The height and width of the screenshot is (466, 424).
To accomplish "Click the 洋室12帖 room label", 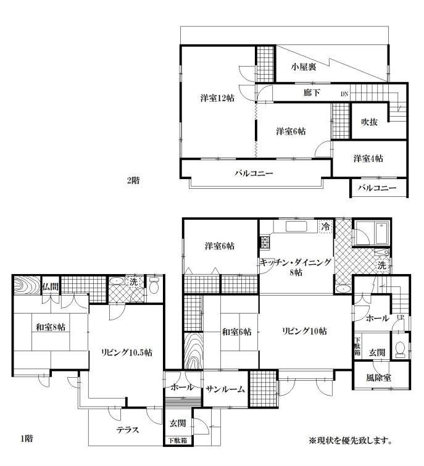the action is (x=217, y=98).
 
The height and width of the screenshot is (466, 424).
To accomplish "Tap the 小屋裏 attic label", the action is (x=304, y=67).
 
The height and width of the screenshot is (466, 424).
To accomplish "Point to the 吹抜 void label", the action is (x=369, y=122).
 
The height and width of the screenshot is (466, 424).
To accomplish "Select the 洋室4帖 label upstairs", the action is (x=368, y=159).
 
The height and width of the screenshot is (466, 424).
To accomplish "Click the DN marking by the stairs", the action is (x=344, y=94).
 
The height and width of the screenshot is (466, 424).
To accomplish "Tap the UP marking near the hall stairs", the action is (x=401, y=317).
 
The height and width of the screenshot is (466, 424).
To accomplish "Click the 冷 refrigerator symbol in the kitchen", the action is (x=326, y=227).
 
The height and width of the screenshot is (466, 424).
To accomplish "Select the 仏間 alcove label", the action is (x=51, y=287).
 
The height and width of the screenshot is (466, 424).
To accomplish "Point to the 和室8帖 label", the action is (x=51, y=327).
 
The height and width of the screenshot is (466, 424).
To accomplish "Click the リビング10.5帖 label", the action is (x=127, y=352).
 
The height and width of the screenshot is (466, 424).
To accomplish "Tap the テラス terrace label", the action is (x=128, y=430).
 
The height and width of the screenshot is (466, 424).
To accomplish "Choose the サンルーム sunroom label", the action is (x=225, y=389).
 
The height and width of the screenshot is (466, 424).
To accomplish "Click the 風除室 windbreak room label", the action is (x=378, y=378).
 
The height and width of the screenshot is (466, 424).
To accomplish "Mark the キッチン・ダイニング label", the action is (x=296, y=262).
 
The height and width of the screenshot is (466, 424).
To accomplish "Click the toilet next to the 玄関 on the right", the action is (x=400, y=348).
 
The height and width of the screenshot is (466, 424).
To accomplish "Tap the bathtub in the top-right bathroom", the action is (x=381, y=233).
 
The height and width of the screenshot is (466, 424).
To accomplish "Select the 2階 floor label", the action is (x=133, y=180).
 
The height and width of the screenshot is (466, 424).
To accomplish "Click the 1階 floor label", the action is (x=27, y=438).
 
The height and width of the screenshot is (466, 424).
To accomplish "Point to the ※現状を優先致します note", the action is (x=351, y=441).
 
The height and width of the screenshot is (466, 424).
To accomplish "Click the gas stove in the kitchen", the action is (x=264, y=242).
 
